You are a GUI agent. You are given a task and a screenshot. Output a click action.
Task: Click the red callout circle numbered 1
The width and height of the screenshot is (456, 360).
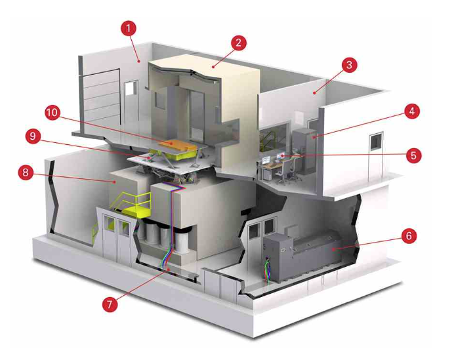coord(129,28)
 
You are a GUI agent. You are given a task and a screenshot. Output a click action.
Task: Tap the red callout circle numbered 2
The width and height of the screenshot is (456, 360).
coord(238,43)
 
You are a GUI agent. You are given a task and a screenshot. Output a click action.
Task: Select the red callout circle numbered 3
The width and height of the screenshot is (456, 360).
coord(349,65)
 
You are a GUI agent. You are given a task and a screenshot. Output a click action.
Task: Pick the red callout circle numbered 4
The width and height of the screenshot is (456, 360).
coord(412,111)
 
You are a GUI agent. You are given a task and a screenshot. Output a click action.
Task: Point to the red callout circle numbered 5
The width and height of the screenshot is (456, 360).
coord(413,155)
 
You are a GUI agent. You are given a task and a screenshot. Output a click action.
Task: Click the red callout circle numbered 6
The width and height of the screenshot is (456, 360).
coord(409,235)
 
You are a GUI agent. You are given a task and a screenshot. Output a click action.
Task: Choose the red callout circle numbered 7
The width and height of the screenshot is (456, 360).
coord(110,304)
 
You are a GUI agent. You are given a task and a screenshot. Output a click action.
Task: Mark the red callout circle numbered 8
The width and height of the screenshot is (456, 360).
coord(26,172)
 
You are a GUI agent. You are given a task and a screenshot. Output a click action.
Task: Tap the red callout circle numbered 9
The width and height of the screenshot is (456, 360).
coord(33,136)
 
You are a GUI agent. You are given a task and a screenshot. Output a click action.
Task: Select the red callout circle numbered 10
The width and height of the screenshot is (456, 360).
coord(52,112)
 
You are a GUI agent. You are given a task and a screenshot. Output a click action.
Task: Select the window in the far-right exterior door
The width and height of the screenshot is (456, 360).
coord(376,142)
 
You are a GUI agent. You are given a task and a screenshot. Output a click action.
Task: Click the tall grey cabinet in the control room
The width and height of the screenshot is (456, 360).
coord(304,151)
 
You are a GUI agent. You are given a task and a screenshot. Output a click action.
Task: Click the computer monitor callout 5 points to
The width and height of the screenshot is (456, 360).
coord(281,156)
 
